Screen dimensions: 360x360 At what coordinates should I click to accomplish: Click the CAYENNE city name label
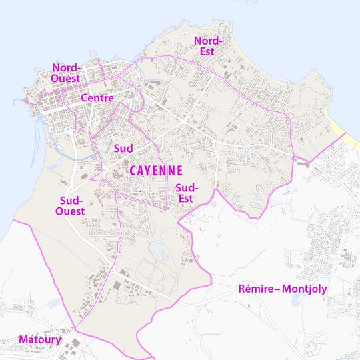coord(156,171)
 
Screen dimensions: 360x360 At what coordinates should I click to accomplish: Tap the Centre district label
coord(96,98)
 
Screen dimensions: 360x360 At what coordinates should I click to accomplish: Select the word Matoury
coord(40,339)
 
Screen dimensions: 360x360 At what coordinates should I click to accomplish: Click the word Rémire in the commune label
coord(257,289)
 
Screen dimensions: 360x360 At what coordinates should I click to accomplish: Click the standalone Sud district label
coord(123,147)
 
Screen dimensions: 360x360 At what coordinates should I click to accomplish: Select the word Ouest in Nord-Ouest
coord(65,78)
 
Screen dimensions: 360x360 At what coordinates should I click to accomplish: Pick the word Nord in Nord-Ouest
coord(66,68)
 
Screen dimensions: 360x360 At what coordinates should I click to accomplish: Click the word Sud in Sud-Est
coord(187,188)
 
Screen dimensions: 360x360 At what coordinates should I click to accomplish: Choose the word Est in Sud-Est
coord(185,198)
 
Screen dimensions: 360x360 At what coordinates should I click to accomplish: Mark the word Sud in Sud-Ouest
coord(71,201)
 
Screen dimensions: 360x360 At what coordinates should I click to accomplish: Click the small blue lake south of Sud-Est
coord(157,250)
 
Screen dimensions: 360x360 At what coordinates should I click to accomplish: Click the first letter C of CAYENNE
coord(133,171)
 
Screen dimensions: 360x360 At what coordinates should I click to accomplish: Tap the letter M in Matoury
coord(23,339)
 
